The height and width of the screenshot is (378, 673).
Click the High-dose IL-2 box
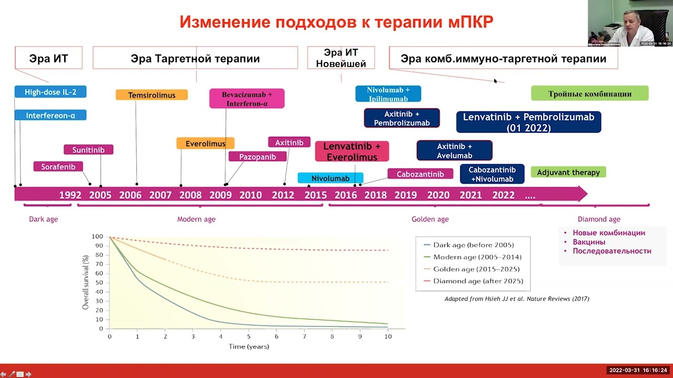[x=50, y=92]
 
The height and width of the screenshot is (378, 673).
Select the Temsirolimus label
[x=151, y=95]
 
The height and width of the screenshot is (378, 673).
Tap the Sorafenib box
[x=58, y=166]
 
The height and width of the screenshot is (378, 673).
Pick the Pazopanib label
[x=258, y=156]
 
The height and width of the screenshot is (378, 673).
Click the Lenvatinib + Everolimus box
[x=352, y=151]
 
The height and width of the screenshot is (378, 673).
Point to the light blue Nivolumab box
[x=330, y=178]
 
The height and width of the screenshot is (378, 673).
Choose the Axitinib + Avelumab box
[x=454, y=151]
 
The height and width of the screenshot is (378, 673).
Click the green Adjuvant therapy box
[x=568, y=172]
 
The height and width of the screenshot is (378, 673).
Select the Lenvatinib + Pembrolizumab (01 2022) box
[x=528, y=122]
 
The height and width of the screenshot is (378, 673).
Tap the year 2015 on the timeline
[x=315, y=195]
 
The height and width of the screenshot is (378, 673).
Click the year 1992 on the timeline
[x=70, y=195]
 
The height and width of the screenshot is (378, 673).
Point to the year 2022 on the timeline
[x=503, y=195]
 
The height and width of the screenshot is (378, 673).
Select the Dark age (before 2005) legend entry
[x=473, y=245]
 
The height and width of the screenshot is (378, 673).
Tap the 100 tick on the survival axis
[x=97, y=237]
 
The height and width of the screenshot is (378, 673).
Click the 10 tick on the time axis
[x=388, y=337]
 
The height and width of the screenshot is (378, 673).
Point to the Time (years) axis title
[x=249, y=346]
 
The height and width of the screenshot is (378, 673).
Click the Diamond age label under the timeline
[x=599, y=219]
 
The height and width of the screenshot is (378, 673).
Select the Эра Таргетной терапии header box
[x=195, y=58]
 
